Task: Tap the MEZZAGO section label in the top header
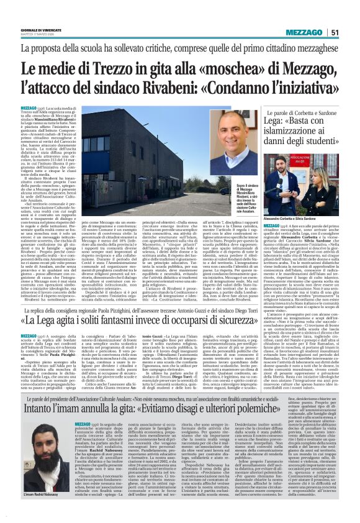coord(305,32)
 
